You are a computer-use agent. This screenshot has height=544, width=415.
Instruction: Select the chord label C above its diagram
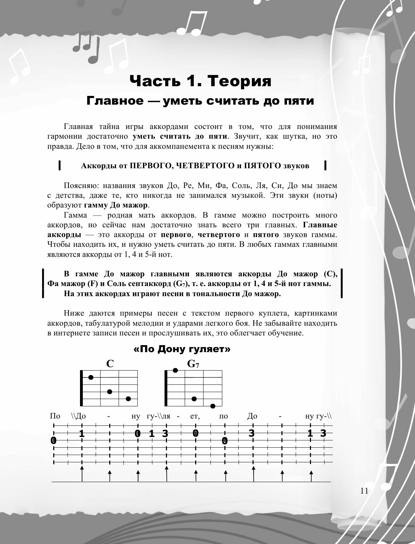110,364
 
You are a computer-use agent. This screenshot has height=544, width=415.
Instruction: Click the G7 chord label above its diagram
193,364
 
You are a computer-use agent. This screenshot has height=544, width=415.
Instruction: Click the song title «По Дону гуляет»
182,349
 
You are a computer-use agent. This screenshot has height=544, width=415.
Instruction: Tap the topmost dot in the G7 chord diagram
176,370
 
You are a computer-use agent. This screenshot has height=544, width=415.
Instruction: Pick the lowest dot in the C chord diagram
128,398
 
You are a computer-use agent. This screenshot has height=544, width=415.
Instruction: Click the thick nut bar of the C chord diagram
81,388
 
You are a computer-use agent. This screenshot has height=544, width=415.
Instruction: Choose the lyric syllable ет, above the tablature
195,416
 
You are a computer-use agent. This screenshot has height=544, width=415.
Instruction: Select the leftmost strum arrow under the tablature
82,474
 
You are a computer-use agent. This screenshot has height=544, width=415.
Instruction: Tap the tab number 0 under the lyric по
225,441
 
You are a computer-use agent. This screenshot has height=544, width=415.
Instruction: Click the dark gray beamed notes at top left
86,48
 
